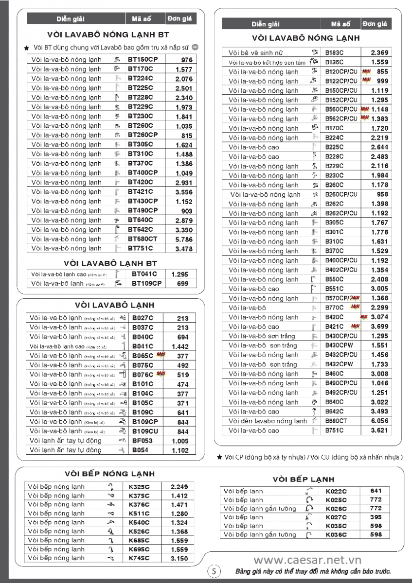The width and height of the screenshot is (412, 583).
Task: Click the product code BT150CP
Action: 143,60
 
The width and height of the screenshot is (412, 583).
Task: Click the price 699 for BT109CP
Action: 183,284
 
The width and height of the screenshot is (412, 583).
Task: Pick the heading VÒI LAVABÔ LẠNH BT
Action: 110,263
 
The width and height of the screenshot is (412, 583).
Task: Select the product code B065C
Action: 143,356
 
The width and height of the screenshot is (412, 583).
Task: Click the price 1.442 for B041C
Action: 180,346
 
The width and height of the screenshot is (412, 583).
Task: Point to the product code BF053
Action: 143,441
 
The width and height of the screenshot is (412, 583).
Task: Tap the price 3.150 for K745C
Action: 179,559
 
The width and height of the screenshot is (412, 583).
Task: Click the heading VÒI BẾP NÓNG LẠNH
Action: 109,474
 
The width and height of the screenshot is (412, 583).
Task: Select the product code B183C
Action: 334,52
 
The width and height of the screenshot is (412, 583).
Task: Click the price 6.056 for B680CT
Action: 379,421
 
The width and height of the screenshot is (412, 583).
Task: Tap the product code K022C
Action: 336,491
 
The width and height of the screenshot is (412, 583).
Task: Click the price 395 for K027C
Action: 376,517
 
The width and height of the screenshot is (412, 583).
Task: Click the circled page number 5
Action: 215,571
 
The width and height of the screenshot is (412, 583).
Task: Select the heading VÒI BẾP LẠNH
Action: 303,480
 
